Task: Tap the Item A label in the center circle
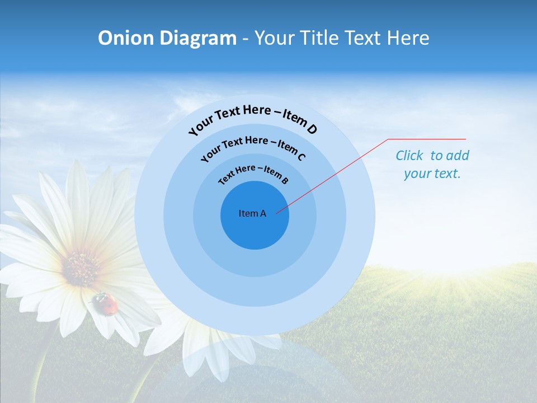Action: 252,213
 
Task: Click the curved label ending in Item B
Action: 253,174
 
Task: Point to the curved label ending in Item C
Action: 253,148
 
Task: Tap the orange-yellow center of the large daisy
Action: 82,268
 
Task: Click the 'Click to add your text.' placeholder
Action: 432,165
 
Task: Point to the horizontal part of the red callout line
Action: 427,139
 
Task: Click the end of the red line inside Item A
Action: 277,212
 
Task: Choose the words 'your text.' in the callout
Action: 432,174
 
